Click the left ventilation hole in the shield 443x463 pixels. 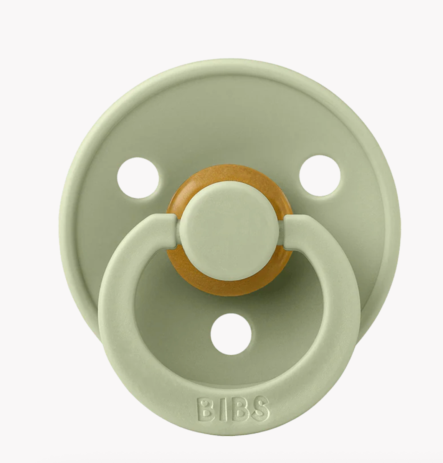click(x=138, y=178)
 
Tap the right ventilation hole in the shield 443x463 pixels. click(x=320, y=176)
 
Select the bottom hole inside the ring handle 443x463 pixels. click(x=231, y=334)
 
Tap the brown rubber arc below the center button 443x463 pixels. click(x=230, y=286)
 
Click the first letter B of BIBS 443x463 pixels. click(x=205, y=409)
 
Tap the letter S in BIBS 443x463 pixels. click(x=261, y=408)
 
